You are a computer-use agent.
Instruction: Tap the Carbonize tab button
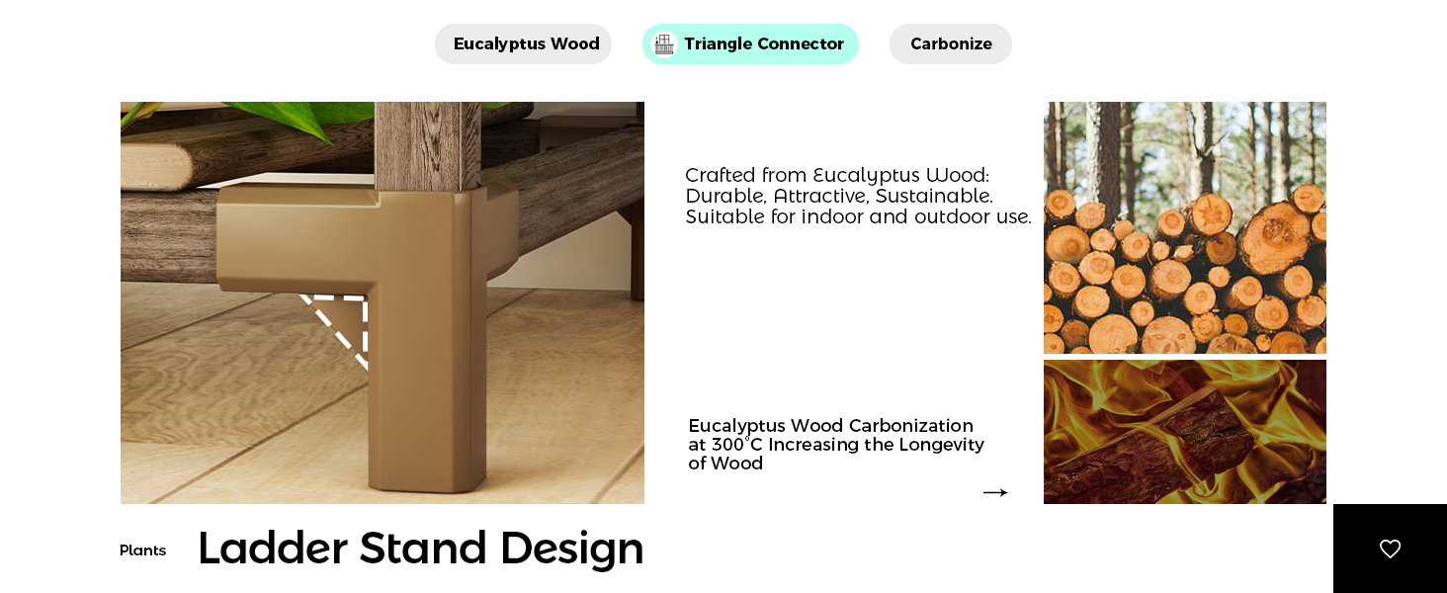pos(951,44)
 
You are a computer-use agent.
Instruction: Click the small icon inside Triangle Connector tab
pos(664,44)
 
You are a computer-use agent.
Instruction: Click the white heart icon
pos(1390,549)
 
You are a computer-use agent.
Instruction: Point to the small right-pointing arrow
pos(994,492)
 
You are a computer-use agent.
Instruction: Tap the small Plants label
pos(142,551)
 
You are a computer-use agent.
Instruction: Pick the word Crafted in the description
pos(720,175)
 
